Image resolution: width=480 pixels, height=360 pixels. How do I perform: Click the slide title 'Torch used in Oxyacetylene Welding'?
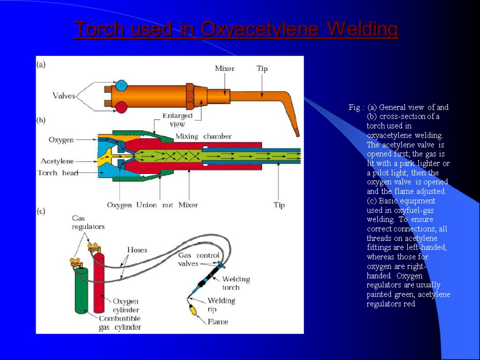coord(236,30)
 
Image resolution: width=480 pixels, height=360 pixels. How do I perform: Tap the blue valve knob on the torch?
coord(122,86)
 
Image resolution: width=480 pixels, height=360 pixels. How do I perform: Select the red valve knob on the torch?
coord(122,107)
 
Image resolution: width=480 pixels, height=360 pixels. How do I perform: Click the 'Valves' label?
coord(64,96)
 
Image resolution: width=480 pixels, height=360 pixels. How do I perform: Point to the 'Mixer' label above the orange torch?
coord(225,68)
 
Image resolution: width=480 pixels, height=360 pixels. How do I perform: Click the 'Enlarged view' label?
coord(177,120)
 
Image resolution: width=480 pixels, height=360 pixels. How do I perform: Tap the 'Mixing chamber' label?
coord(203,136)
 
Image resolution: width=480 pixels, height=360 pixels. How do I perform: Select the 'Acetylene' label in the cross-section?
coord(57,161)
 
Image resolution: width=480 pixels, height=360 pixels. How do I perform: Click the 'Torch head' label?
coord(54,173)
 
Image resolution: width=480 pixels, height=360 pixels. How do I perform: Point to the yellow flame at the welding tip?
coord(192,310)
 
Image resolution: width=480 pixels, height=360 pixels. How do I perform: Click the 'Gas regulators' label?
coord(88,222)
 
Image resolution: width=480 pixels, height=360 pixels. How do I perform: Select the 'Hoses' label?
coord(137,250)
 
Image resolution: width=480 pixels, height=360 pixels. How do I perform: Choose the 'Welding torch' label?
coord(236,283)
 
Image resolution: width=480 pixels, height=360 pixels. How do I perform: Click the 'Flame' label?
coord(218,322)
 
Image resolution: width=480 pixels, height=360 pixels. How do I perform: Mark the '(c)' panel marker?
coord(41,211)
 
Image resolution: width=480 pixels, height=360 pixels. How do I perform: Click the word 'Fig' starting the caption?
coord(354,107)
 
